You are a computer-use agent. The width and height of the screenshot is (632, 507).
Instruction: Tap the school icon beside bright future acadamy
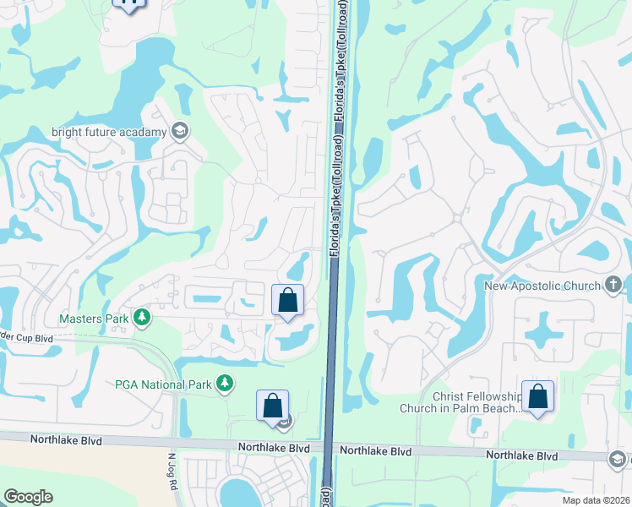(179, 131)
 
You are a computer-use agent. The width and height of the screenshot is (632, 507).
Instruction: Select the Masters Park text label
(93, 319)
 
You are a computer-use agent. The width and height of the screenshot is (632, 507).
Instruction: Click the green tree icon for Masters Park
(143, 318)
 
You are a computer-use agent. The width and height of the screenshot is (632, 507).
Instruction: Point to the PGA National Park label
(162, 384)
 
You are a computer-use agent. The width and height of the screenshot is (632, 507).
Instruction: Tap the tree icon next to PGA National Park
(225, 384)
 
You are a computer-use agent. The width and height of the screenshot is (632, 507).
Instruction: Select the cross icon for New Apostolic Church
(615, 285)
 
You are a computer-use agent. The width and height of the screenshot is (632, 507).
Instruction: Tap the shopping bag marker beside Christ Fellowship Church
(537, 397)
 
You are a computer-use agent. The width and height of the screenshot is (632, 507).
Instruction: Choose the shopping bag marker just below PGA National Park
(273, 406)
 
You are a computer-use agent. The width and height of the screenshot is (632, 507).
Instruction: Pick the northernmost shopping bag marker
(288, 300)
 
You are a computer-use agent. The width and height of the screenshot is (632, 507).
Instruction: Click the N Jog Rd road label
(171, 469)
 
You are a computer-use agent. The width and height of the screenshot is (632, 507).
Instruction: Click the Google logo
(28, 497)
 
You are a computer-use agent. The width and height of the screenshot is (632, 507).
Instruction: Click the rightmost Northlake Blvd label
(522, 455)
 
